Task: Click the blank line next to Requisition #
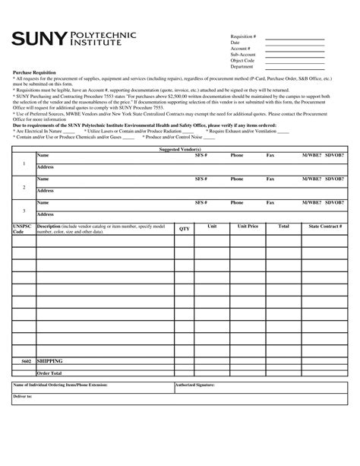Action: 294,38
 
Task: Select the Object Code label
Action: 243,60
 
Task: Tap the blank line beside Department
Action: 294,67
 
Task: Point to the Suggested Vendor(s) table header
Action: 179,150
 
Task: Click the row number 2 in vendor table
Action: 24,186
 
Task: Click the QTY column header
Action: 184,228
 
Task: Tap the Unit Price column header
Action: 248,227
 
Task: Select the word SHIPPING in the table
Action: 49,362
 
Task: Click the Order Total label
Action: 49,373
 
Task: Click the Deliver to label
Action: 23,397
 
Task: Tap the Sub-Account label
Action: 245,53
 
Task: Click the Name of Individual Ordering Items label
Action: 61,385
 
